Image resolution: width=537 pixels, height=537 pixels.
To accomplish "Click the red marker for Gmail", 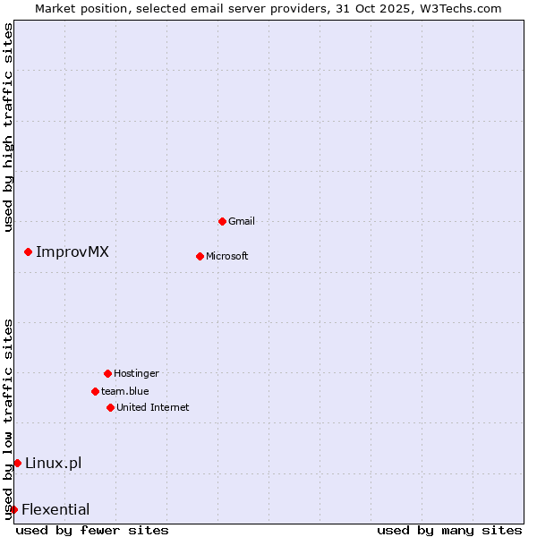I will coord(222,221).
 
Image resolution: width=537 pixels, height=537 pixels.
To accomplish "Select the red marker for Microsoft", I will coord(200,256).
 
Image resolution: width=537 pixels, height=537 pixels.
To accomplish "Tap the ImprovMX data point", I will coord(29,252).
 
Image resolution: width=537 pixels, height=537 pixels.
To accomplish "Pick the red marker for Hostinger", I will coord(107,373).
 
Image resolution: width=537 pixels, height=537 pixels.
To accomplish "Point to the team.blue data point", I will coord(95,391).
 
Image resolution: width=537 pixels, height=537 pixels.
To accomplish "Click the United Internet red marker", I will coord(110,407).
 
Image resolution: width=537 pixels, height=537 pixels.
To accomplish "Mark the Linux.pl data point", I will coord(17,463).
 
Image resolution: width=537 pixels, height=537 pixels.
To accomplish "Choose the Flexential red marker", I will coord(13,510).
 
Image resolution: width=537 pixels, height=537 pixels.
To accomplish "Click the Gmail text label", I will coord(242,221).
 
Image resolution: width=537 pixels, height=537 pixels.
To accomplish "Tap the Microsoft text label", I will coord(227,256).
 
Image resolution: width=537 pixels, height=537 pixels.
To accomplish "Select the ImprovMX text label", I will coord(72,252).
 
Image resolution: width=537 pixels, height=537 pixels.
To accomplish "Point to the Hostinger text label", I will coord(136,373).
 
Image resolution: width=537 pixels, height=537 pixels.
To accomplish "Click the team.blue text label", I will coord(125,391).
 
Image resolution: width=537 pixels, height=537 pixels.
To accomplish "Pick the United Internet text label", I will coord(153,407).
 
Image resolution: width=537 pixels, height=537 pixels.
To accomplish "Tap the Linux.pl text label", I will coord(54,463).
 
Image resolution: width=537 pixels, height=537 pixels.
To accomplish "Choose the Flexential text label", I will coord(55,510).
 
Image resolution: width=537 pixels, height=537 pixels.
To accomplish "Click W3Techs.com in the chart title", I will coord(456,8).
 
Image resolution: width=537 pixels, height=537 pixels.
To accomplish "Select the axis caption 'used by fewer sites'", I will coord(92,530).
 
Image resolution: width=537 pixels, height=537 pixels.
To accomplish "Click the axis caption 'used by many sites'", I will coord(449,530).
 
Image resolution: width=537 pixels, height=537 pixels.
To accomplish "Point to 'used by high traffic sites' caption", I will coord(8,127).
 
